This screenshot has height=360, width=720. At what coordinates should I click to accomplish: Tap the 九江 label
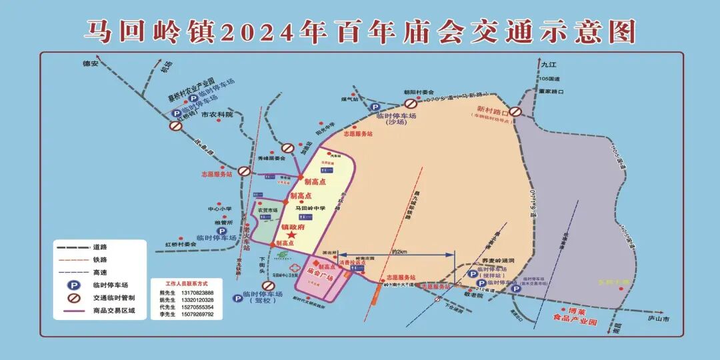pyautogui.click(x=548, y=65)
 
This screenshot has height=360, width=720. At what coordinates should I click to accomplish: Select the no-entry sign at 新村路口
pyautogui.click(x=515, y=113)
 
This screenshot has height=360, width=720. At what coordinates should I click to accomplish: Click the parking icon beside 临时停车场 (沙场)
pyautogui.click(x=375, y=107)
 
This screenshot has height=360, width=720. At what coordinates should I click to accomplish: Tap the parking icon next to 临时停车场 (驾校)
pyautogui.click(x=237, y=299)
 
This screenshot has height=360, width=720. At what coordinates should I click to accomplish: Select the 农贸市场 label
pyautogui.click(x=267, y=210)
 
